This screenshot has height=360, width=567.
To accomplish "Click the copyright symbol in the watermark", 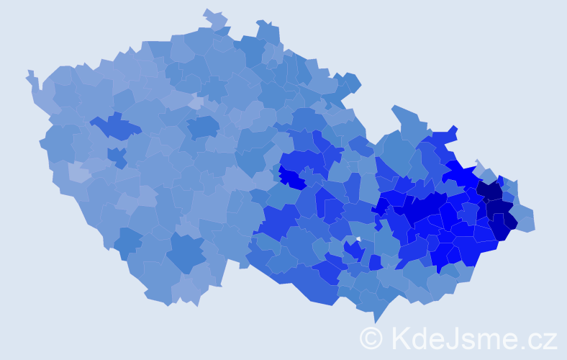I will click(x=372, y=338).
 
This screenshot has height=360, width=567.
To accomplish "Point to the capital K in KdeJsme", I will click(x=399, y=338).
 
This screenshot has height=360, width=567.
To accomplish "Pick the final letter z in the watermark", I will click(x=550, y=340).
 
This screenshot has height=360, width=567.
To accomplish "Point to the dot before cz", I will click(x=525, y=346).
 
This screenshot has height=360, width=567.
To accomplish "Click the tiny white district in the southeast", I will click(x=358, y=239).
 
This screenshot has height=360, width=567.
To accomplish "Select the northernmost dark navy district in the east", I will click(x=491, y=190).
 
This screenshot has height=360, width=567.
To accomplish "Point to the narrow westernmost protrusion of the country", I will click(x=30, y=74).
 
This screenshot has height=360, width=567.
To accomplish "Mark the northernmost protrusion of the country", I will click(x=209, y=12).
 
